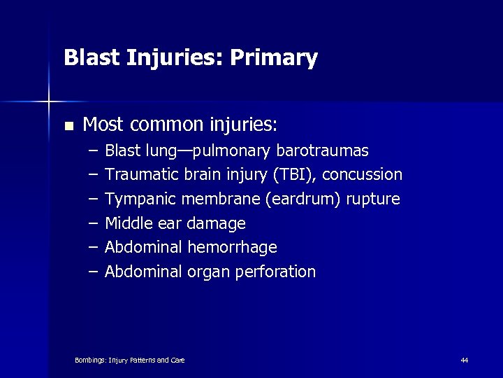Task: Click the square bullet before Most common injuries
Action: [68, 127]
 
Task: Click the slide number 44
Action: [465, 360]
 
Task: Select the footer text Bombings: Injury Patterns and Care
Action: [129, 360]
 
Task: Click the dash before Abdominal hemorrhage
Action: [94, 248]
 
